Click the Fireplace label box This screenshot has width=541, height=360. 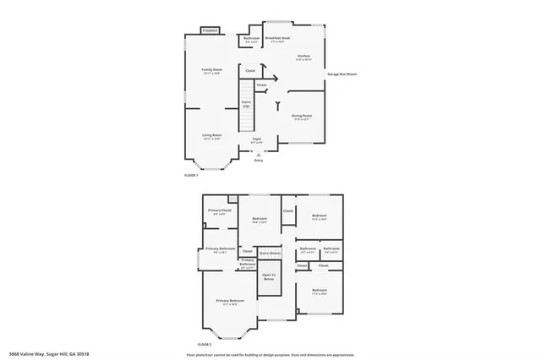coord(210,31)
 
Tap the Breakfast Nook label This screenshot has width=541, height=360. coord(278,39)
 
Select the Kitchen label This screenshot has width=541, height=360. coord(303,57)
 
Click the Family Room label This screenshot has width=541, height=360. coord(211,71)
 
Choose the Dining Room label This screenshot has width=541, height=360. coord(302,117)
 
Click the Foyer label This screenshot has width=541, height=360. coord(256,140)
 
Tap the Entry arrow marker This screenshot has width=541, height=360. coord(259,155)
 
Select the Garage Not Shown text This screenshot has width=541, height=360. coord(342,74)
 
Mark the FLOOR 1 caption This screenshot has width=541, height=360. coord(191,175)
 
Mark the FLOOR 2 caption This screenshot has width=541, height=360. coord(204,345)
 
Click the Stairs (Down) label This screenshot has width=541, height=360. coord(270,252)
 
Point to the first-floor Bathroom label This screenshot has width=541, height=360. coord(251,39)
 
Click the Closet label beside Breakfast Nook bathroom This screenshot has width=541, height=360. coord(251,71)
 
